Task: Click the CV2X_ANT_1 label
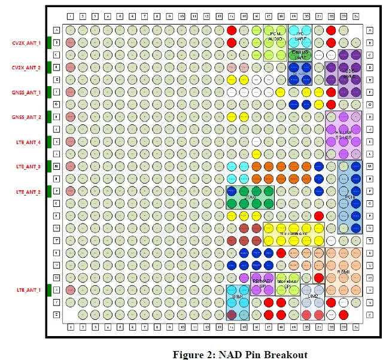26,42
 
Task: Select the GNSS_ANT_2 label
26,117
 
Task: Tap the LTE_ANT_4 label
27,142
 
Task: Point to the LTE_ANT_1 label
27,290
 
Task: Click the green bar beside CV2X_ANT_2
48,68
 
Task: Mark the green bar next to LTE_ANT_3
48,167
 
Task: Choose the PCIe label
350,196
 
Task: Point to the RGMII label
343,271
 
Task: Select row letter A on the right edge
370,30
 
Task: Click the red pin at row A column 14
232,30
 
